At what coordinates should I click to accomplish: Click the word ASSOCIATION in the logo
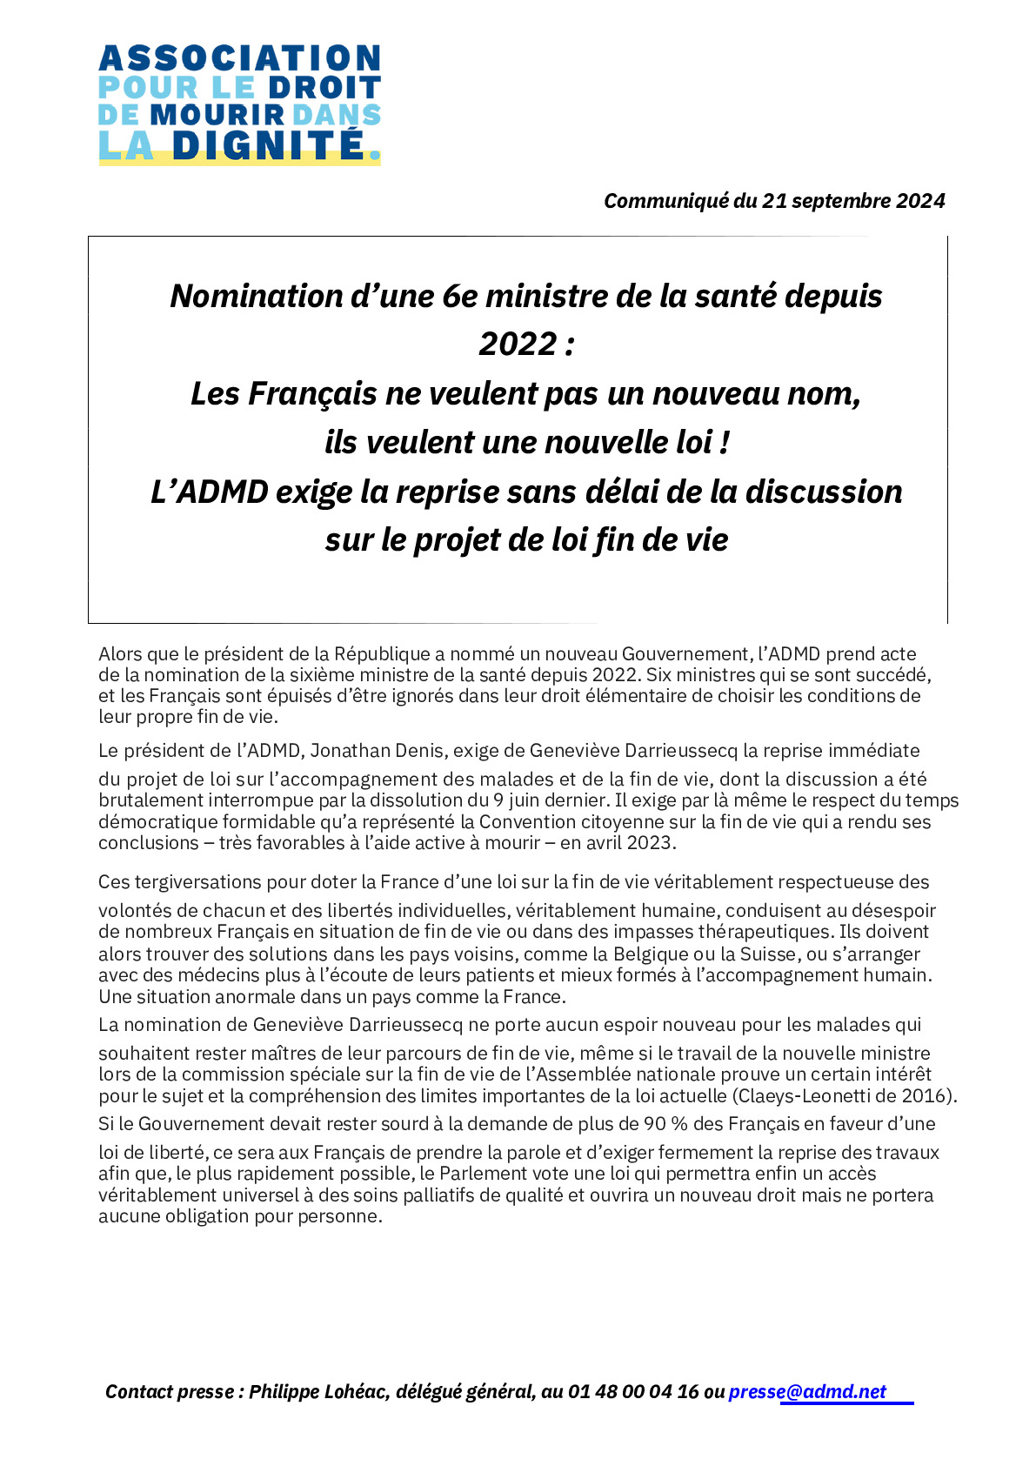point(239,59)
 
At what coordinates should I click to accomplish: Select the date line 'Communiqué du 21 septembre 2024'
point(774,201)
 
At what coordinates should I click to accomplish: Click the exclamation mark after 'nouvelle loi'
point(725,443)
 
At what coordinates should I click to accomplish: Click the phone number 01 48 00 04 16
point(633,1392)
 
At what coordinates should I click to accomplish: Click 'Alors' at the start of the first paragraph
point(120,654)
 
